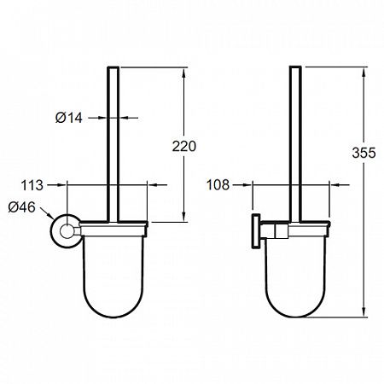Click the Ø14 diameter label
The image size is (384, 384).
(x=69, y=118)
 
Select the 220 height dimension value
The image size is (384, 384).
(x=184, y=146)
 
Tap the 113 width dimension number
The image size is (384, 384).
(x=32, y=185)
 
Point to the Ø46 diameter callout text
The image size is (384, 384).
(x=22, y=207)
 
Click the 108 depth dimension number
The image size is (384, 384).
(x=218, y=185)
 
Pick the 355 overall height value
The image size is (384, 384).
(x=364, y=153)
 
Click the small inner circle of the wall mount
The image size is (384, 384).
(x=67, y=231)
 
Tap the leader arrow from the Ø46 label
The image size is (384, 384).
(x=47, y=213)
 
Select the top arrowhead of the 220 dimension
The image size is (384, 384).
(x=184, y=72)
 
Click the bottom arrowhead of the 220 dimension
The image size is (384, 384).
(x=184, y=217)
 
